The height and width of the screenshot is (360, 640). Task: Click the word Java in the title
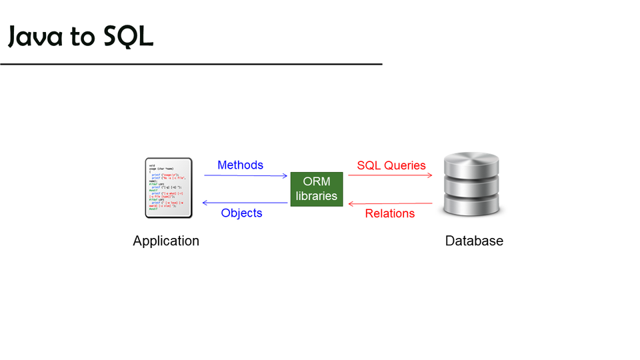click(37, 37)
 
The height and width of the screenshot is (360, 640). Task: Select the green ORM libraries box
click(317, 189)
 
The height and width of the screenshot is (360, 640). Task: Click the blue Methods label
click(240, 165)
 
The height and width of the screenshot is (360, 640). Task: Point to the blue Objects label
click(241, 213)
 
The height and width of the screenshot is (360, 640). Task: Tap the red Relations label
click(390, 213)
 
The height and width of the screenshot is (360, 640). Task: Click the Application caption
click(166, 241)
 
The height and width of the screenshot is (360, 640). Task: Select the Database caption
click(474, 241)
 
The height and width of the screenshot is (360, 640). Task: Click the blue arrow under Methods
click(245, 175)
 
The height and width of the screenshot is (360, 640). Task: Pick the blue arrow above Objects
click(245, 203)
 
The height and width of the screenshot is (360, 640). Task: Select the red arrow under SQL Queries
click(391, 175)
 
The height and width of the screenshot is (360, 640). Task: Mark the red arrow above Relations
click(391, 203)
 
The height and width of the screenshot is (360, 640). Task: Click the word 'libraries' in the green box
click(317, 196)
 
